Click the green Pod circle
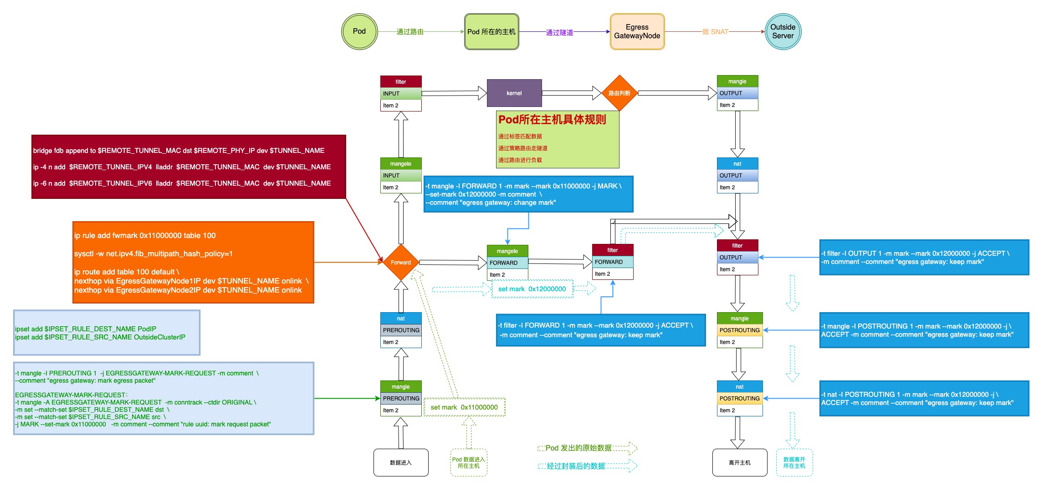pos(359,31)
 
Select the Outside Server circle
pos(783,31)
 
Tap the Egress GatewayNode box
pos(637,31)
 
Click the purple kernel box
pos(514,93)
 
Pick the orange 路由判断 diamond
pos(619,93)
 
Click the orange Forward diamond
pos(400,263)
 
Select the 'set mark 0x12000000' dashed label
pos(532,289)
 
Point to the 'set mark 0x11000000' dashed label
pos(464,407)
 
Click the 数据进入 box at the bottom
pos(400,462)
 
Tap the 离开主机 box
pos(739,462)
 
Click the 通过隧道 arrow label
pos(559,32)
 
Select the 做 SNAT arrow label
pos(715,32)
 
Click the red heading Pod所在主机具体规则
pos(552,120)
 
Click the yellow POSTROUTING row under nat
pos(739,398)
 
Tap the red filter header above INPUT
pos(400,82)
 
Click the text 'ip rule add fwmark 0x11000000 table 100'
pos(145,235)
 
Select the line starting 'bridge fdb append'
pos(179,151)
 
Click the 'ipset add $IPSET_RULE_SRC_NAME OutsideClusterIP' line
pos(100,337)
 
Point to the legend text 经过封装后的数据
pos(576,466)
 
